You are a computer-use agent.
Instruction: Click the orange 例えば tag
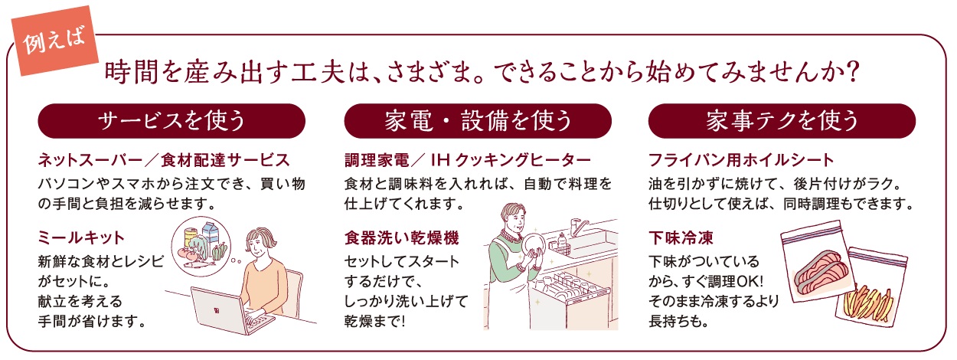[x=54, y=41]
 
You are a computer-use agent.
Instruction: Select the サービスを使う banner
[x=171, y=120]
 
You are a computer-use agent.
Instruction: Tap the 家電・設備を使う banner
[x=478, y=120]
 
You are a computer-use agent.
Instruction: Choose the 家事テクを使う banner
[x=782, y=120]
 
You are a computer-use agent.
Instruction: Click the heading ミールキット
[x=81, y=237]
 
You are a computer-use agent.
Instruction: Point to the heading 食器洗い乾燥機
[x=402, y=237]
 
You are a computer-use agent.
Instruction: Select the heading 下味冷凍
[x=681, y=237]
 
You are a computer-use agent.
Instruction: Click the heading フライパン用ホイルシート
[x=741, y=160]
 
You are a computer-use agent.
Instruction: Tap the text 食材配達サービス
[x=226, y=160]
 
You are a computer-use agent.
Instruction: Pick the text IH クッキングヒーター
[x=511, y=160]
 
